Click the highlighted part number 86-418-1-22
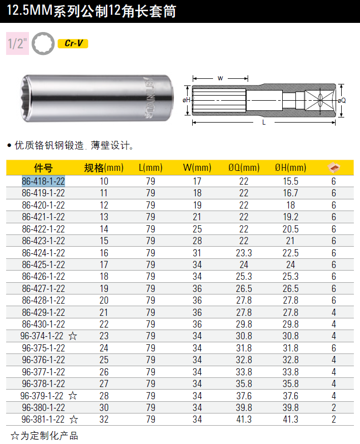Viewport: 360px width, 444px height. pos(43,181)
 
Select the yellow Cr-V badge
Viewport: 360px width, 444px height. pos(73,43)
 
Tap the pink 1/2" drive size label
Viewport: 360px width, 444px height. pos(18,43)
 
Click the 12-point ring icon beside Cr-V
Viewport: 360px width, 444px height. pos(43,44)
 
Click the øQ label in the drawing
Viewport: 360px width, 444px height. pos(342,100)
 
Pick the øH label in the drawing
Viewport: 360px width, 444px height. pos(186,100)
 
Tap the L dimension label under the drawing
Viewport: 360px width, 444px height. pos(264,123)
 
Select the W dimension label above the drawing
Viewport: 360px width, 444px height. pos(220,78)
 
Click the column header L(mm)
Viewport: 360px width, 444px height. pos(151,168)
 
